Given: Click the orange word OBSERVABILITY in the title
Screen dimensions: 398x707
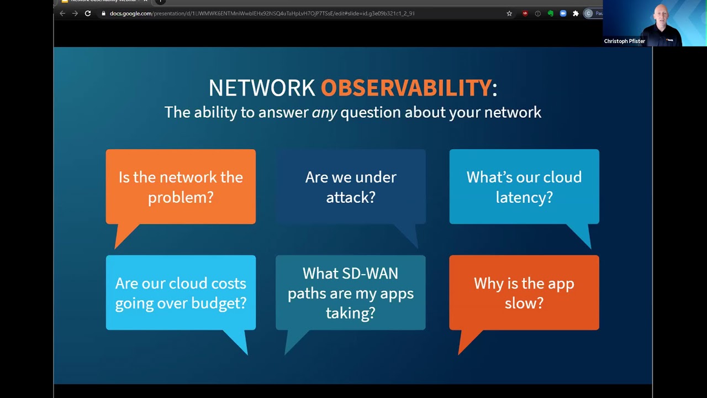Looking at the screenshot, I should click(406, 88).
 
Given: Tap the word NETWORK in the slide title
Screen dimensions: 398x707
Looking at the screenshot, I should click(261, 88).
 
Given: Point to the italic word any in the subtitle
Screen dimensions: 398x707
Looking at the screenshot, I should click(324, 113).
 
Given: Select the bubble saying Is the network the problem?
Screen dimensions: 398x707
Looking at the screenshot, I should click(181, 187).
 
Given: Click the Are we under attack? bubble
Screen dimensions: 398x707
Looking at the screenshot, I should click(351, 187).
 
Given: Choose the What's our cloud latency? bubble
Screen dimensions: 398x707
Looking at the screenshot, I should click(524, 187).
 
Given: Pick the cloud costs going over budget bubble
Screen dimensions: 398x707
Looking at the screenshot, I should click(181, 293).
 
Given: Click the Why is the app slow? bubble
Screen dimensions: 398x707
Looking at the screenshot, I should click(524, 293).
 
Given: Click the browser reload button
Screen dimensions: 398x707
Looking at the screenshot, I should click(88, 13).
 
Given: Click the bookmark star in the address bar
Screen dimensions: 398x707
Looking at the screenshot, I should click(509, 13).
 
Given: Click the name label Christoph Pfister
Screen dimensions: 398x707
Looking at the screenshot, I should click(624, 41).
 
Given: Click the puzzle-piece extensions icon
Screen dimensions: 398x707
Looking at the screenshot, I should click(576, 13).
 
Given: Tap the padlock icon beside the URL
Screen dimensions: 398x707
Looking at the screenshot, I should click(103, 13).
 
